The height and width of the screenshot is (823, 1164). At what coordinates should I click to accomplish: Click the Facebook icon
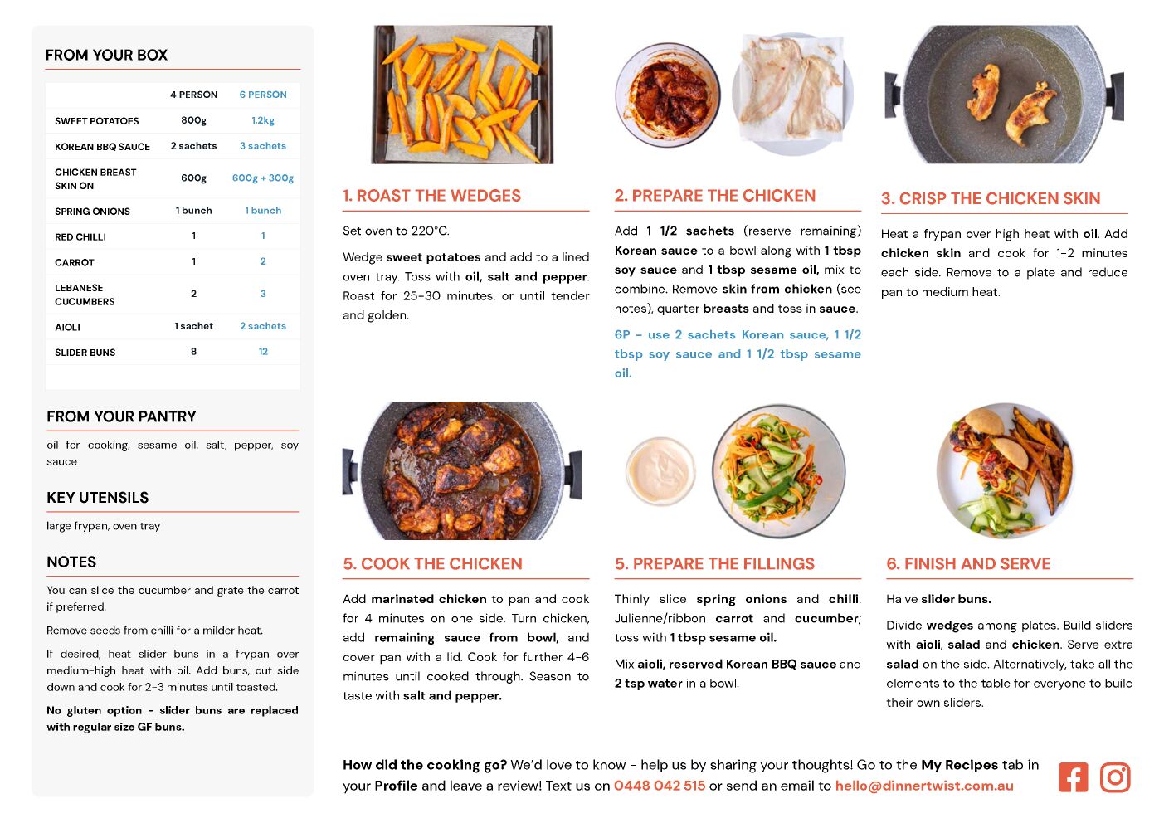coord(1073,777)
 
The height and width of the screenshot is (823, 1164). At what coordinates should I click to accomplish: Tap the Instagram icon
coord(1115,777)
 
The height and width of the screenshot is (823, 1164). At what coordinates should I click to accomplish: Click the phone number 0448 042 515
coord(660,786)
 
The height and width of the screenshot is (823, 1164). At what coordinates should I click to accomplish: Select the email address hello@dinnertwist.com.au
coord(924,786)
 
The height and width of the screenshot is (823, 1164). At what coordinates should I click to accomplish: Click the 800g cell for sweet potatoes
coord(193,120)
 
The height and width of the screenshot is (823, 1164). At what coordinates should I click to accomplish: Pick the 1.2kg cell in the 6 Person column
coord(263,120)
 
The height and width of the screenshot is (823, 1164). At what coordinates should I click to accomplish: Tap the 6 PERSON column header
coord(263,95)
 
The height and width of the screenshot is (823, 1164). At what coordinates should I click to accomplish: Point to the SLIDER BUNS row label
coord(85,353)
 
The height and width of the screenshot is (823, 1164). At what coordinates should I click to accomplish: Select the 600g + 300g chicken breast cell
coord(263,178)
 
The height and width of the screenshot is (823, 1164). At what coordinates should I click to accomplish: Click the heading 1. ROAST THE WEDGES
coord(431,195)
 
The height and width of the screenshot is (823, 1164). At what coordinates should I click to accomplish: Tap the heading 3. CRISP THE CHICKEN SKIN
coord(991,198)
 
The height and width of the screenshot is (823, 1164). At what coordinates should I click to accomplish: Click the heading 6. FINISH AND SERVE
coord(968,563)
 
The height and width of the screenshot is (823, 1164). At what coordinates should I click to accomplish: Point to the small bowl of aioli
coord(660,470)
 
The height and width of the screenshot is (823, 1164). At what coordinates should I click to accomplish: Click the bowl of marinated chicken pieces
coord(668,95)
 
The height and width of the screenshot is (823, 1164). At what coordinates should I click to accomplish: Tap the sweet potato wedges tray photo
coord(462,95)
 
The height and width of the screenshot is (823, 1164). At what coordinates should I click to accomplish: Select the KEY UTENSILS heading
coord(98,497)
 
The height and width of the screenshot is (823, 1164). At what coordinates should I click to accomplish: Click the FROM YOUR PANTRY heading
coord(121,416)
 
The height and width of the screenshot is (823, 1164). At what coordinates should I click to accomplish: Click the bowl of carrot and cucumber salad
coord(778,470)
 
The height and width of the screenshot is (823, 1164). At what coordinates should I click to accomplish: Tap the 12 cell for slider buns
coord(263,352)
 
